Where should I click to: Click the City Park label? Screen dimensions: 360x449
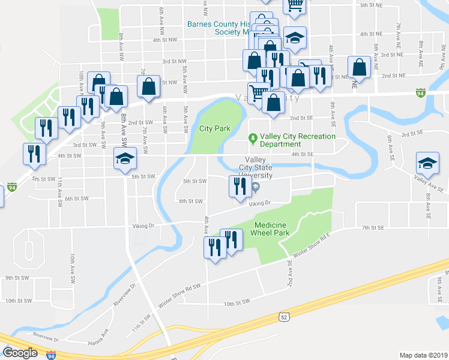coord(215,128)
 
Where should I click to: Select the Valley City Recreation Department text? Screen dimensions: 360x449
coord(297,140)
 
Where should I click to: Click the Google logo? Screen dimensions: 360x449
coord(20,353)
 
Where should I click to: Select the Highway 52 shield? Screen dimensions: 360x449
coord(284,316)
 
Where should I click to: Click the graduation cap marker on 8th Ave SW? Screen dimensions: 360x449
coord(125,160)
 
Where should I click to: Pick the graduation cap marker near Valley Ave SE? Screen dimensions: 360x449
coord(427,163)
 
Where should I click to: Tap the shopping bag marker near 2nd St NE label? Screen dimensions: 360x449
coord(360,68)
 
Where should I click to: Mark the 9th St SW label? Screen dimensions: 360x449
coord(17,278)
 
